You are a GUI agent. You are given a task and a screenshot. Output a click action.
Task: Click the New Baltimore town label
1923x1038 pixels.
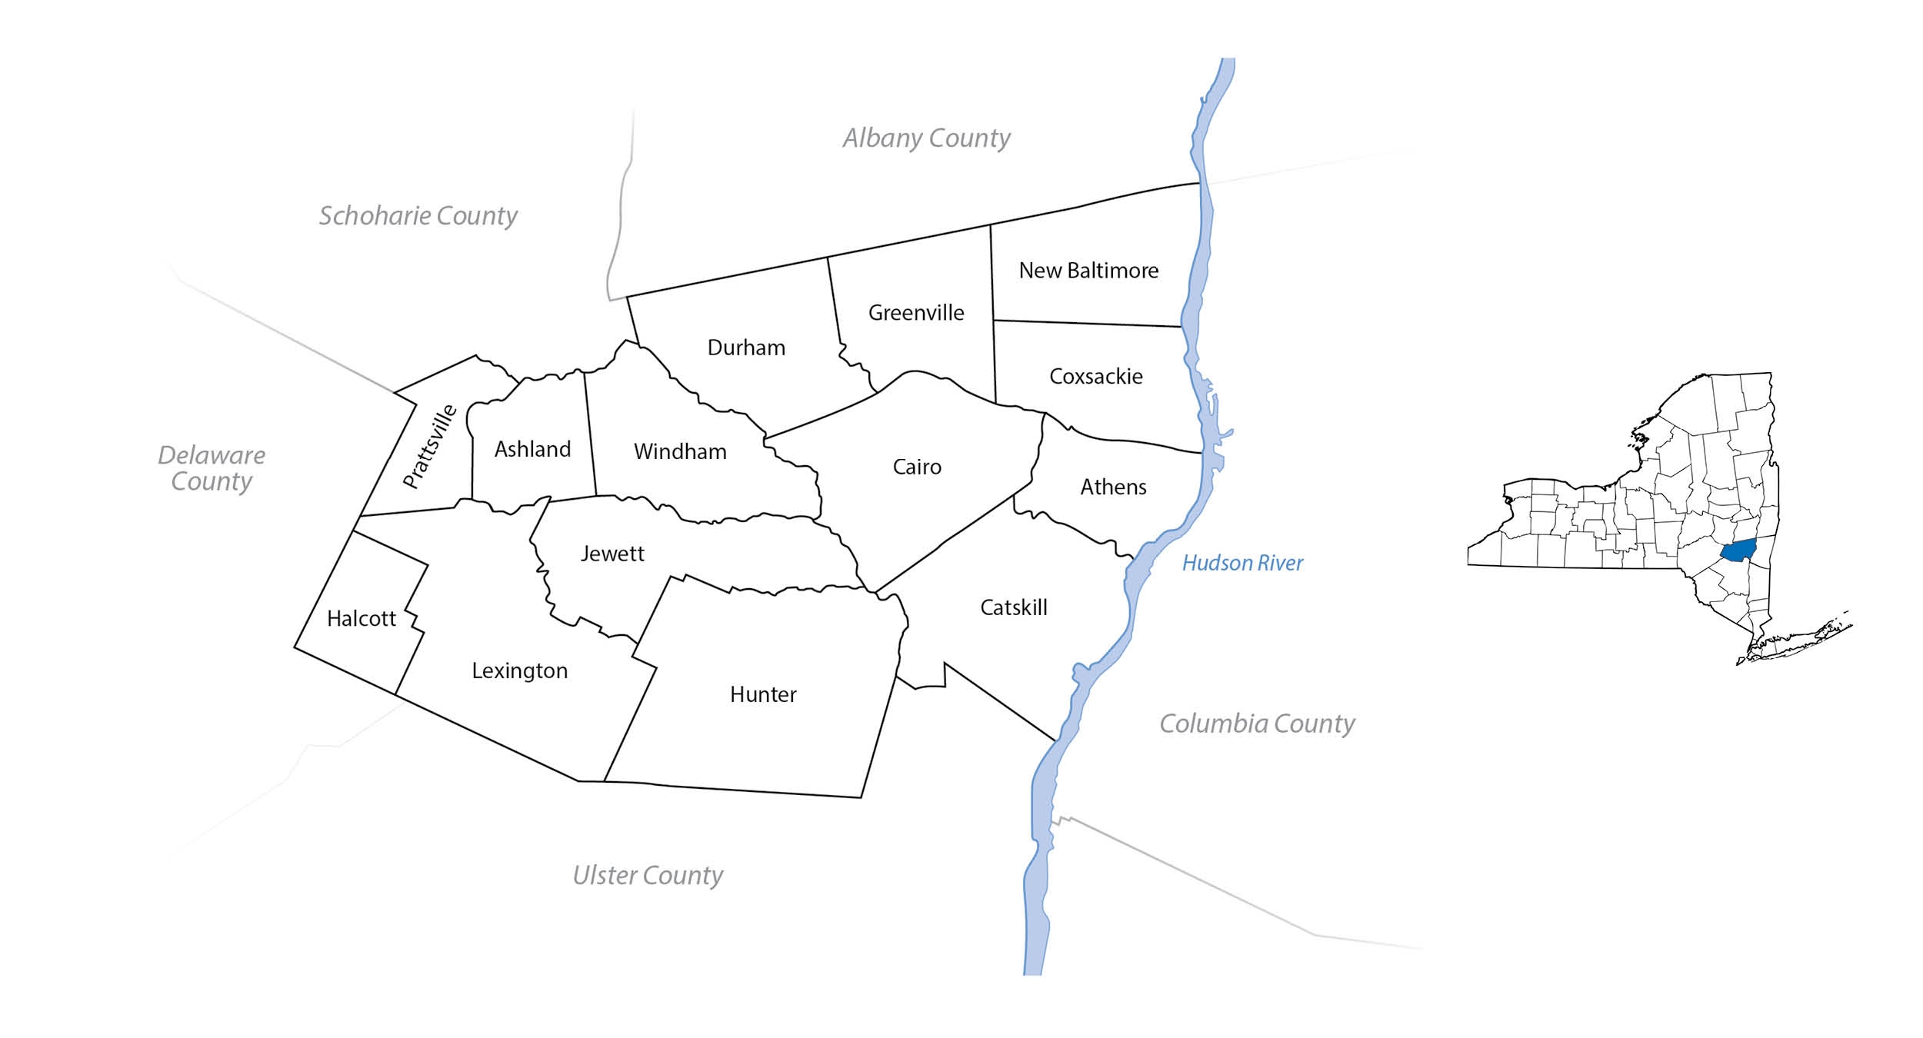pyautogui.click(x=1088, y=271)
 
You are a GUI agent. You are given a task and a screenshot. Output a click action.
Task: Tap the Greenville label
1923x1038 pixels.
pyautogui.click(x=915, y=313)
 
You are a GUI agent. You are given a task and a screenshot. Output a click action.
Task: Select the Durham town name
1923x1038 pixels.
pyautogui.click(x=746, y=348)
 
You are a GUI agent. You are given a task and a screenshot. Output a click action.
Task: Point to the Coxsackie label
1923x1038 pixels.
pyautogui.click(x=1096, y=377)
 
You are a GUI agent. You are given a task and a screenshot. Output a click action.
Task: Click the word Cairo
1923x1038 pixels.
pyautogui.click(x=917, y=467)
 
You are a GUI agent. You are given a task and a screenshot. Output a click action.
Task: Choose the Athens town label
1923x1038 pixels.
pyautogui.click(x=1113, y=487)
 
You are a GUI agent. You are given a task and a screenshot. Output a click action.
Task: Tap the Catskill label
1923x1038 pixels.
pyautogui.click(x=1014, y=607)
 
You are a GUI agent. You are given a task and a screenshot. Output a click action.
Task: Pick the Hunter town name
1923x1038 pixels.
pyautogui.click(x=763, y=694)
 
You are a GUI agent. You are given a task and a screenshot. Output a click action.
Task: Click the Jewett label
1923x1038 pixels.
pyautogui.click(x=612, y=554)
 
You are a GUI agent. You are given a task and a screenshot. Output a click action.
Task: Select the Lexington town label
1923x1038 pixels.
pyautogui.click(x=520, y=670)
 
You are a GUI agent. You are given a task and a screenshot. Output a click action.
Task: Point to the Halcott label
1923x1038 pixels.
pyautogui.click(x=361, y=618)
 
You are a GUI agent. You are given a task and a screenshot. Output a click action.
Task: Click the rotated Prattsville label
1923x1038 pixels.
pyautogui.click(x=430, y=446)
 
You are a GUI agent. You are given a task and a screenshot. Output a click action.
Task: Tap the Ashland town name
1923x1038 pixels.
pyautogui.click(x=532, y=449)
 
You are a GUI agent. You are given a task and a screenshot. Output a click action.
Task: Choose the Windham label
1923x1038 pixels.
pyautogui.click(x=680, y=451)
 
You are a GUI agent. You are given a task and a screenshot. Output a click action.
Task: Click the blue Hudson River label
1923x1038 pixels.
pyautogui.click(x=1242, y=563)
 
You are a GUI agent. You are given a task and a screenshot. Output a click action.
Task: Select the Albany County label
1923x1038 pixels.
pyautogui.click(x=926, y=138)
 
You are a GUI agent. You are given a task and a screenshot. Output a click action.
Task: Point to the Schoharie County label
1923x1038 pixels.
pyautogui.click(x=418, y=215)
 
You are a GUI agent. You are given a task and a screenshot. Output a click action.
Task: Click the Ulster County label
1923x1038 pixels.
pyautogui.click(x=648, y=875)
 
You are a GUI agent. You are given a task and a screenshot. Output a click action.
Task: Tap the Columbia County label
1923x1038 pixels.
pyautogui.click(x=1257, y=724)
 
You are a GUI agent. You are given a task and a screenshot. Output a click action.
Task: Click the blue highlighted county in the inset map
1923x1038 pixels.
pyautogui.click(x=1738, y=551)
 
